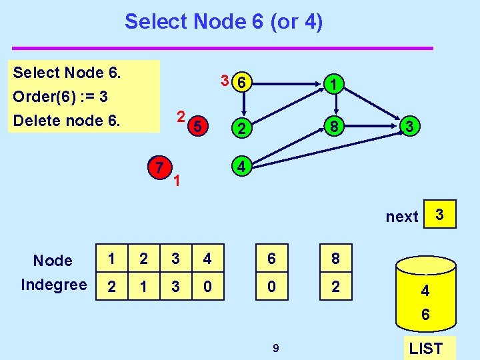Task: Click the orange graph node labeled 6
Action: tap(244, 83)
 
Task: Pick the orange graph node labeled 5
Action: tap(197, 126)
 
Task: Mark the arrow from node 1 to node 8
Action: tap(337, 104)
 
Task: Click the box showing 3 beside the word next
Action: tap(439, 215)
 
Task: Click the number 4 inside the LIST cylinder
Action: tap(425, 291)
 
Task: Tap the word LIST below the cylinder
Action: tap(425, 348)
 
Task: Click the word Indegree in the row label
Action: tap(54, 285)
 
